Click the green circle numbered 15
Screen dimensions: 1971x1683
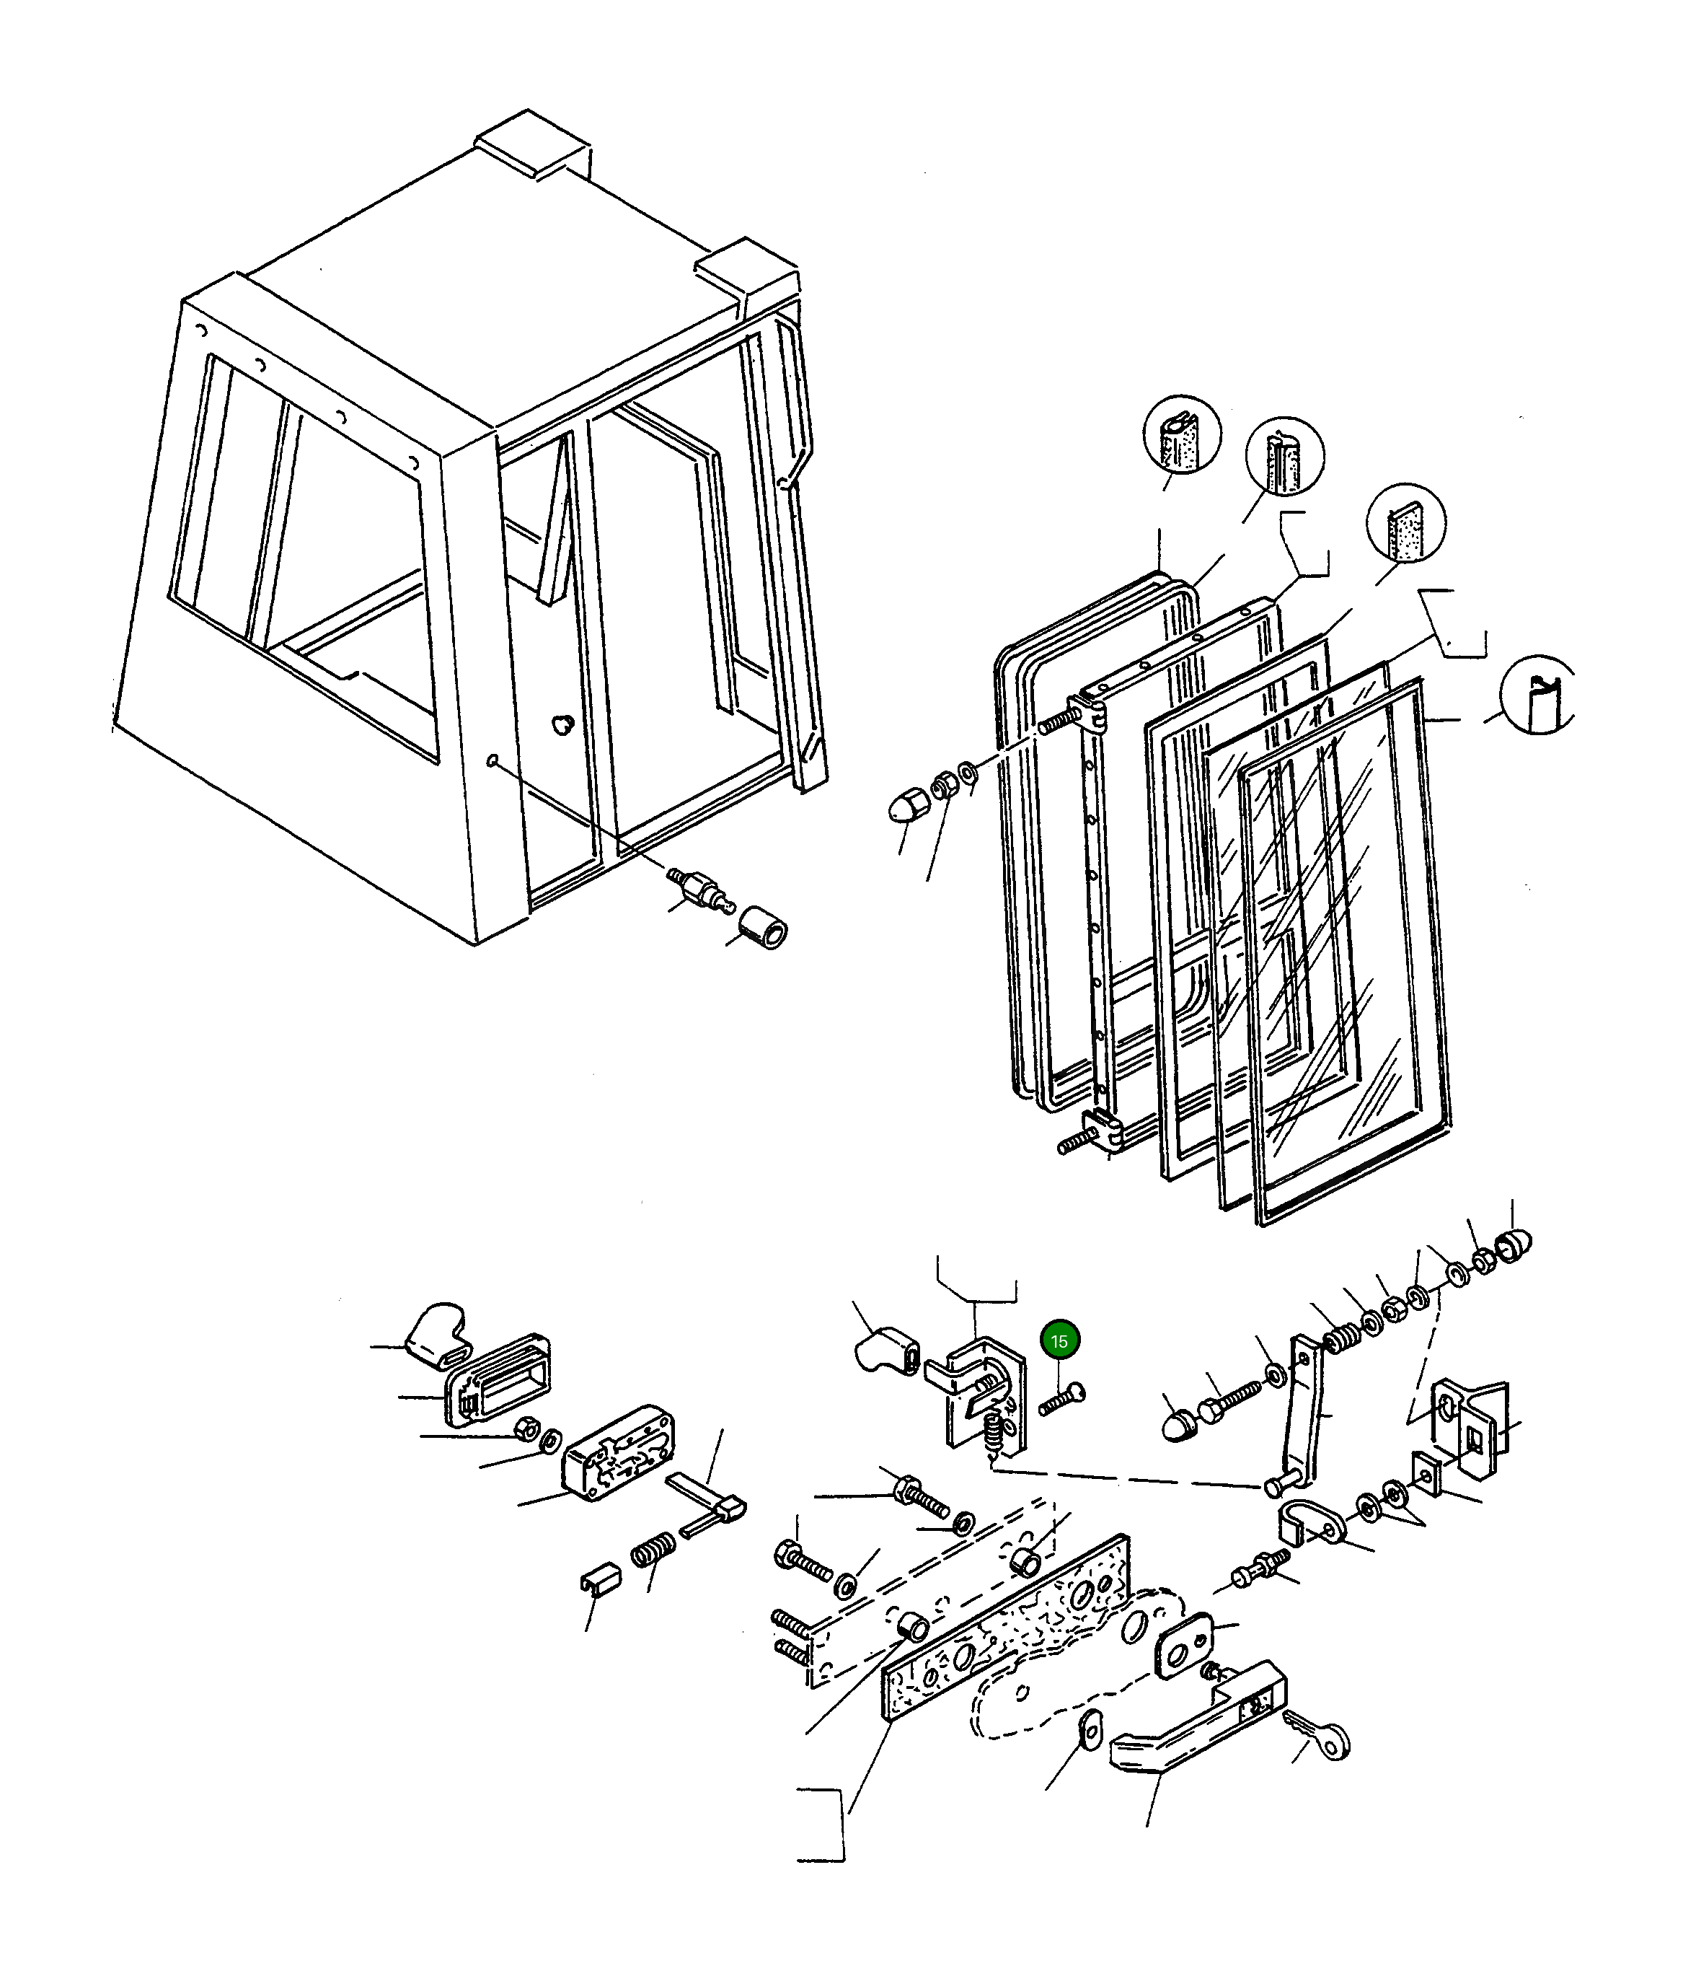[x=1059, y=1341]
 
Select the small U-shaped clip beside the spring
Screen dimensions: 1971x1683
[x=599, y=1581]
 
